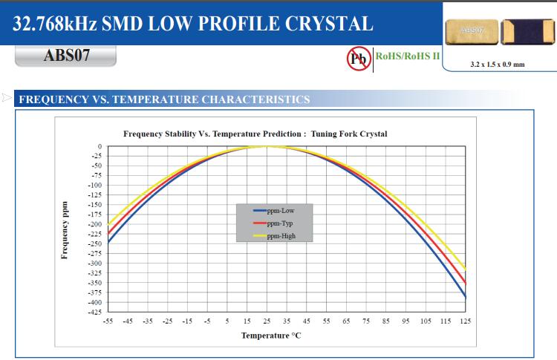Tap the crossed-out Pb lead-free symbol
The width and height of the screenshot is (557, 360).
click(x=359, y=59)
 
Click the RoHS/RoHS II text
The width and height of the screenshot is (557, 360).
click(x=408, y=56)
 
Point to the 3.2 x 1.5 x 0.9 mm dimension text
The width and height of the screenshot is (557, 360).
click(x=497, y=65)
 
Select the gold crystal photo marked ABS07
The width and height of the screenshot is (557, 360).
click(x=470, y=31)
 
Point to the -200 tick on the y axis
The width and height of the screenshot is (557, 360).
click(x=95, y=224)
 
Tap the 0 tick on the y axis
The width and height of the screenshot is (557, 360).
click(x=100, y=146)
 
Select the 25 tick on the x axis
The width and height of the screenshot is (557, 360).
click(x=267, y=321)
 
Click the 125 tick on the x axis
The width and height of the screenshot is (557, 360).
click(x=466, y=321)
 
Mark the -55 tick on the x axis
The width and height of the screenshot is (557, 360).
click(x=108, y=321)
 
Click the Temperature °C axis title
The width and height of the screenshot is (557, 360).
click(x=270, y=336)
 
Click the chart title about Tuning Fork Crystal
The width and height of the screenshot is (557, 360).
click(x=255, y=134)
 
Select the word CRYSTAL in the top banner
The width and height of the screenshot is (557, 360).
click(x=327, y=24)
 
